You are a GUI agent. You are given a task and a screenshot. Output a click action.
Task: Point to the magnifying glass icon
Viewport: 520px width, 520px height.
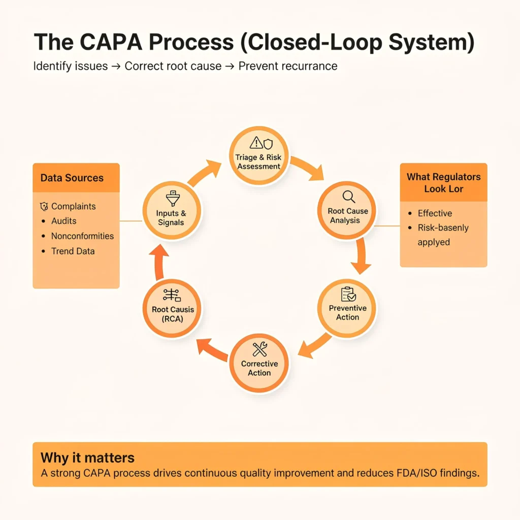tap(348, 197)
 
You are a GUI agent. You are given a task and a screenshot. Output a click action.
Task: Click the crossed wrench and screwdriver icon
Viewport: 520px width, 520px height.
tap(259, 349)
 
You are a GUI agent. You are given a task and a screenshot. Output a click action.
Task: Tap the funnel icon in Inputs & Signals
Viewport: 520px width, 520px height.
tap(171, 198)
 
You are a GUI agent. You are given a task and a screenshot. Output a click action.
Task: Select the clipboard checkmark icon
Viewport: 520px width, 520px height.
tap(348, 294)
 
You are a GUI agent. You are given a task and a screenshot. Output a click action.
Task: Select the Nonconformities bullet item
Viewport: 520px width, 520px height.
tap(82, 236)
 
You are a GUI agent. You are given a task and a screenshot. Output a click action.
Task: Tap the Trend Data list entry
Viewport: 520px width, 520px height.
tap(73, 251)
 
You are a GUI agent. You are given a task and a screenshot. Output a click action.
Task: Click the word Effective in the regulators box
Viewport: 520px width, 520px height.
tap(435, 213)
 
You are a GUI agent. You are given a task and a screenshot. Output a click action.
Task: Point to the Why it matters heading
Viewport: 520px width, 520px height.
tap(87, 457)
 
